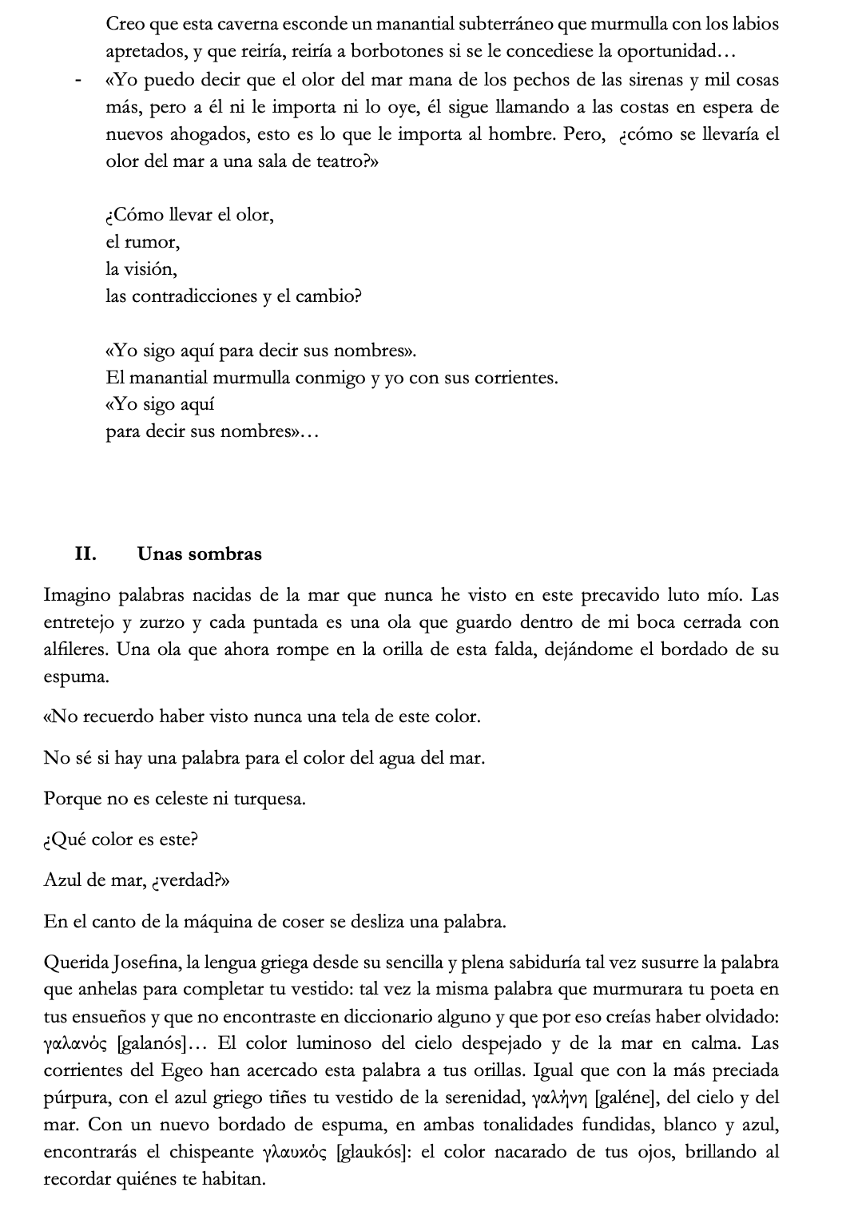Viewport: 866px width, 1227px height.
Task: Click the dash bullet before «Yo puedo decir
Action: point(77,81)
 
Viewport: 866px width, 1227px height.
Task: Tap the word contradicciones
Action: point(182,297)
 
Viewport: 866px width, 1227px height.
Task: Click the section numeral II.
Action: point(85,554)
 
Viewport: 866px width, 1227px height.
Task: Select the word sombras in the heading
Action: point(228,554)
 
